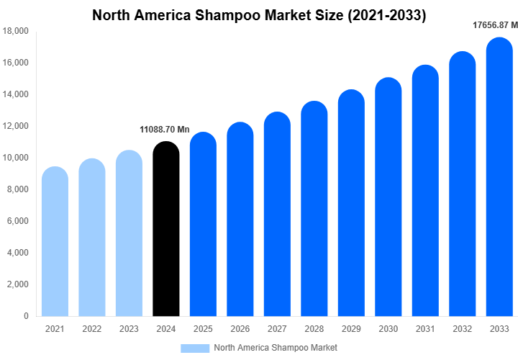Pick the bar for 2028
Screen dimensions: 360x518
(314, 209)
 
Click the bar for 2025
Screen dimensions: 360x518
(203, 224)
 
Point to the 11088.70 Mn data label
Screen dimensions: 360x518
(164, 130)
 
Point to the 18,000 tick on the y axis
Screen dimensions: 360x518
(16, 31)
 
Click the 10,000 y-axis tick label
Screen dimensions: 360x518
(16, 158)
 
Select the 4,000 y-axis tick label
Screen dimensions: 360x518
(18, 253)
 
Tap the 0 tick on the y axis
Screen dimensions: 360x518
(26, 316)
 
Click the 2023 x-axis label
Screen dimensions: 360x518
(129, 329)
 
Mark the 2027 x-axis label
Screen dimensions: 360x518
(277, 329)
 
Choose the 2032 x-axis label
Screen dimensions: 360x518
(462, 329)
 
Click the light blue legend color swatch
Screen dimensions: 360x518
(194, 348)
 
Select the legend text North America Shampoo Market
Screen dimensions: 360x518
(276, 348)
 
